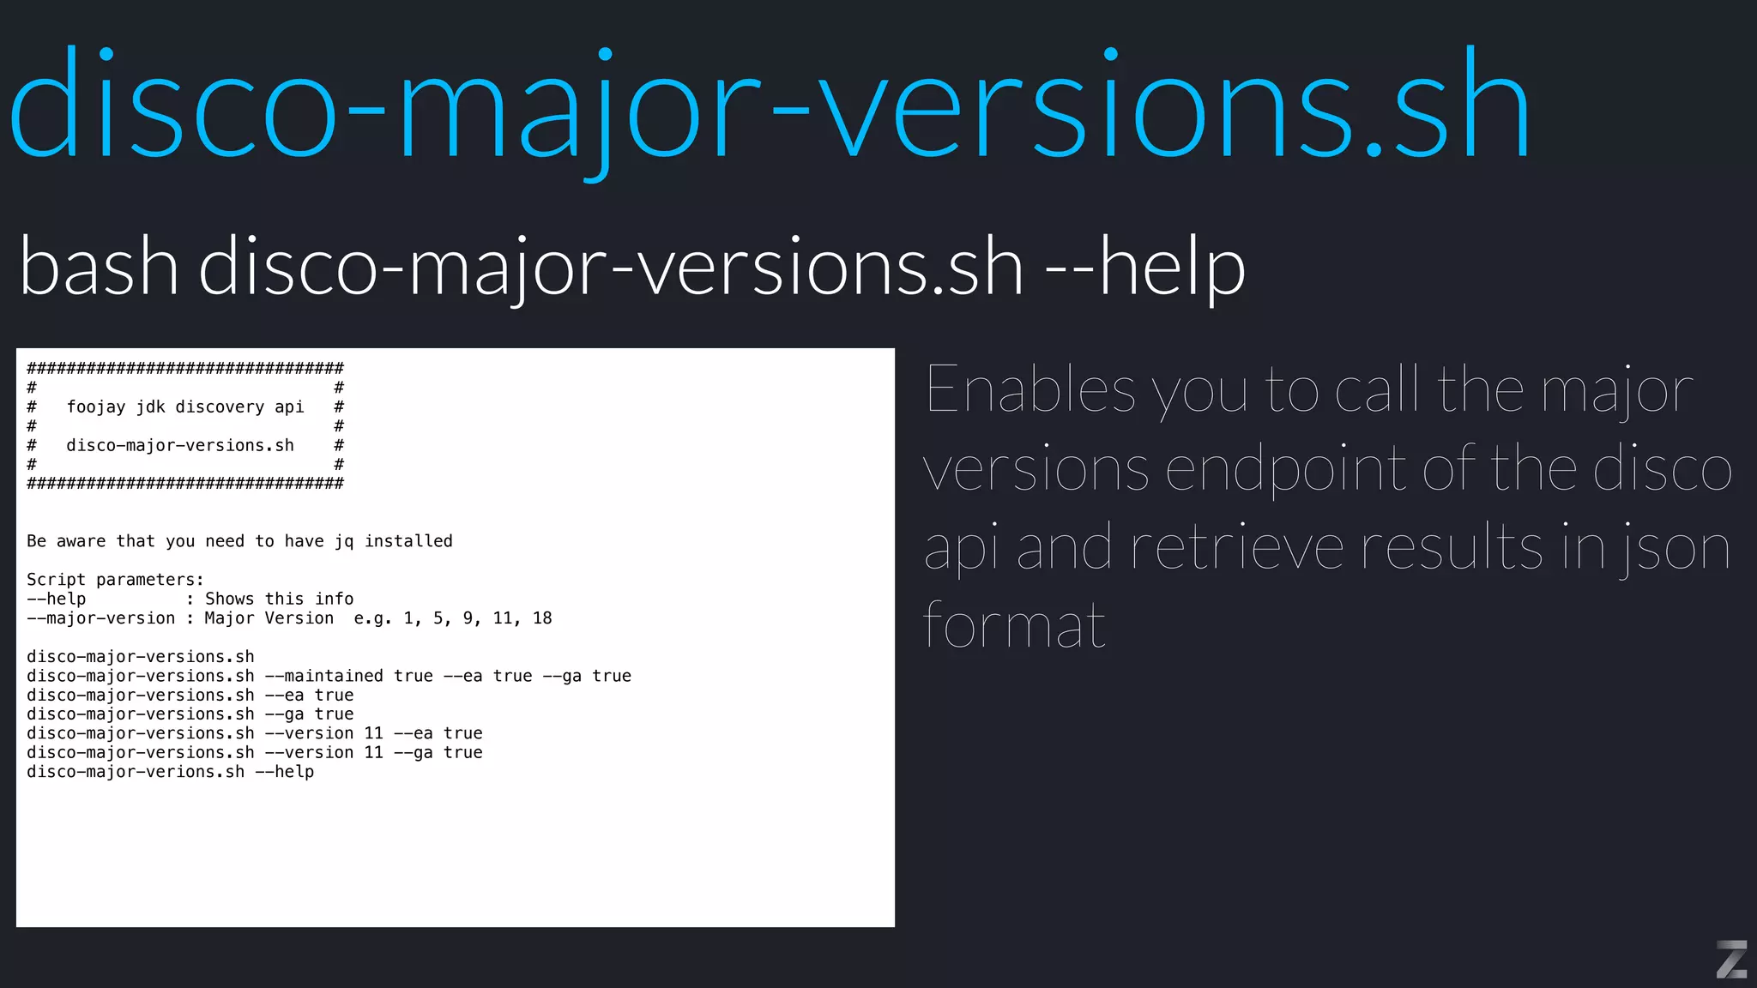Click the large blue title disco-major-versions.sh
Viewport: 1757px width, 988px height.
(770, 107)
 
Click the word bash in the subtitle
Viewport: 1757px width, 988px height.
(99, 267)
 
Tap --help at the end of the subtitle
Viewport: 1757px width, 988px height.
(1144, 267)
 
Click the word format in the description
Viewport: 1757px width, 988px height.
(1014, 625)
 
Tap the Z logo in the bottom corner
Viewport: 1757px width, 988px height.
(1731, 959)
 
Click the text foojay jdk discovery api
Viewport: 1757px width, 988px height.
(185, 407)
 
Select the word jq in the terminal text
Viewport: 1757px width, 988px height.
(344, 541)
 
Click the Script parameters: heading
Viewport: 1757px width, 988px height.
(115, 580)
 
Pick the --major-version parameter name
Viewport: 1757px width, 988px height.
(100, 618)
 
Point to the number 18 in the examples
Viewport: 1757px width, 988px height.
(542, 618)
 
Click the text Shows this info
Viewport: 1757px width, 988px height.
(279, 599)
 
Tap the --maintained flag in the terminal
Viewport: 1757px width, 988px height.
(323, 676)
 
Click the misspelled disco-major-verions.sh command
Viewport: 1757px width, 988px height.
(136, 772)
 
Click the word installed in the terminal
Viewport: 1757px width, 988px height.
(408, 541)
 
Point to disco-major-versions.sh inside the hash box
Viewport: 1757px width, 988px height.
(180, 446)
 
